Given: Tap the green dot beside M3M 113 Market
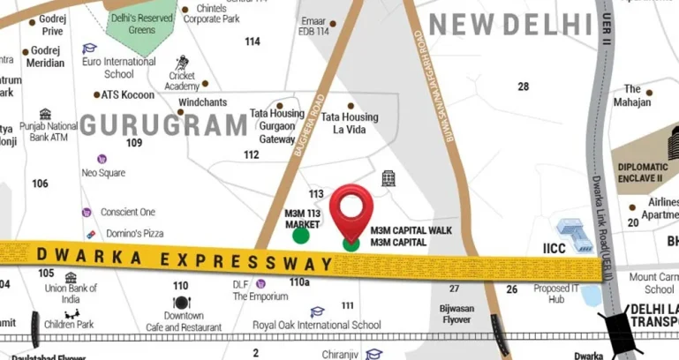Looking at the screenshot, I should point(301,235).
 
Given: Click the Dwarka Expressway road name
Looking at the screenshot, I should point(185,258).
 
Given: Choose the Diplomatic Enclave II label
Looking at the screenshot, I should point(643,172).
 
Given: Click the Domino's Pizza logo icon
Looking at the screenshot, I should point(93,233).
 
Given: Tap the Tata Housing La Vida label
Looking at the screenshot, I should point(350,123).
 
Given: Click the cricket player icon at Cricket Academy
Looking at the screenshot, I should point(183,63).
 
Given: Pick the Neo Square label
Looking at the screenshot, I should point(103,172).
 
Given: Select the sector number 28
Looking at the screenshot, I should point(524,86).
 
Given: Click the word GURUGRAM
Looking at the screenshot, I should point(164,124).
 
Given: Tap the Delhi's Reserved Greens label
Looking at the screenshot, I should point(143,23).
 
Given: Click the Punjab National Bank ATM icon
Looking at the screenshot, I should point(45,114).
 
